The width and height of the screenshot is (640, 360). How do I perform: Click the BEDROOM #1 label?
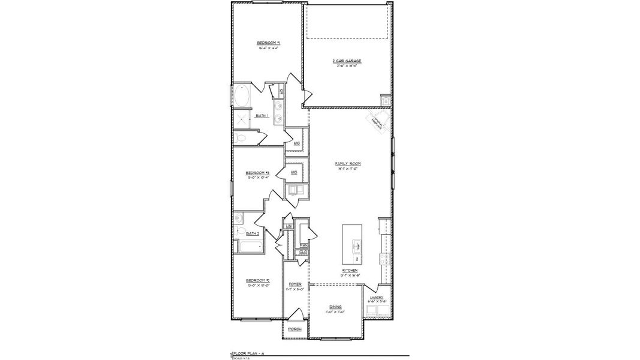click(269, 43)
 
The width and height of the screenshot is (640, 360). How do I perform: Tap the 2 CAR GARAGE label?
click(347, 61)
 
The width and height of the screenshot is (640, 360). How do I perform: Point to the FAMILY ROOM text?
click(347, 163)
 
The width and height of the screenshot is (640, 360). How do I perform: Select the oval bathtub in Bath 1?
click(242, 96)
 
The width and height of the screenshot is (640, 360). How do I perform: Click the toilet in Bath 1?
click(241, 138)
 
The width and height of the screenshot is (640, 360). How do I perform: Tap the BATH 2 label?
click(253, 233)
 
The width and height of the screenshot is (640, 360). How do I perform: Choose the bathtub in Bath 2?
click(248, 246)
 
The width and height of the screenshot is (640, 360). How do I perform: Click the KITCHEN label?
click(350, 271)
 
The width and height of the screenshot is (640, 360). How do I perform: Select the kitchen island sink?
click(356, 245)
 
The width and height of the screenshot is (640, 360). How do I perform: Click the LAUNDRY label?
click(376, 297)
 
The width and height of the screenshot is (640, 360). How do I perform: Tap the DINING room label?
click(335, 306)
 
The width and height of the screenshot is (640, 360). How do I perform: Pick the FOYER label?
click(295, 284)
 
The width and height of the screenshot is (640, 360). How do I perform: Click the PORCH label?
click(295, 329)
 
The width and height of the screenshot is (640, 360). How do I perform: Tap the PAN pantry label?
click(304, 245)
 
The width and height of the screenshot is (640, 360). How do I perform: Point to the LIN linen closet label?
click(289, 226)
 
